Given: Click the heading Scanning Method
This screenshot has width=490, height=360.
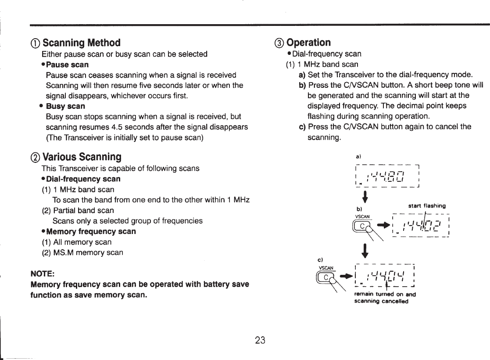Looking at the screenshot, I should (81, 43).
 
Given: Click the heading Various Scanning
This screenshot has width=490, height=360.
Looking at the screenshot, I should (82, 157).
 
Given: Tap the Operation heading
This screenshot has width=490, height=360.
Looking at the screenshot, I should (309, 43).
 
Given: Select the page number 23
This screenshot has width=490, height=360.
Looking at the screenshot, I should (260, 340).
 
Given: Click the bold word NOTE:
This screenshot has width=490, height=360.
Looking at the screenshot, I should (42, 274).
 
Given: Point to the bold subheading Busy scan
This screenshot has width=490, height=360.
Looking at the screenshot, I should (65, 106).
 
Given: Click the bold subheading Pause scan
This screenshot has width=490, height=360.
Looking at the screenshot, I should (67, 65).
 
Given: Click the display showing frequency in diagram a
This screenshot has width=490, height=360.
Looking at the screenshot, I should (388, 176).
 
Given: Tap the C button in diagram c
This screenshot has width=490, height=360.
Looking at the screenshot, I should (325, 277).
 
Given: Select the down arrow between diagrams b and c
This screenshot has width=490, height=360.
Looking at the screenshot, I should (365, 251).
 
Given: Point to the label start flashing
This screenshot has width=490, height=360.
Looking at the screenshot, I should (427, 205).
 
